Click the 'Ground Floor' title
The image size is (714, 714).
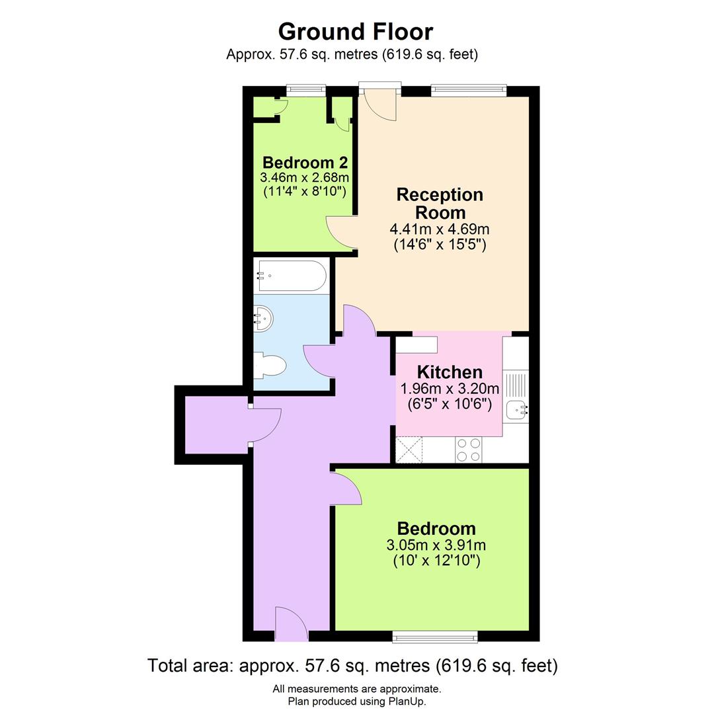coord(356,31)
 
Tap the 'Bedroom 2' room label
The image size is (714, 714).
coord(305,163)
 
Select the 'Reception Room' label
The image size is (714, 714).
coord(440,204)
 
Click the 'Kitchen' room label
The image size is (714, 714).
coord(450,372)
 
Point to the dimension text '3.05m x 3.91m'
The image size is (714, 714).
coord(436,545)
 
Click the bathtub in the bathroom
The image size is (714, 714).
coord(292,276)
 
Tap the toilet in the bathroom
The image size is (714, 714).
coord(270,366)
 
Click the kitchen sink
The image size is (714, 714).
coord(516,411)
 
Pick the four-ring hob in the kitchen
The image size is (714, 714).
coord(469,450)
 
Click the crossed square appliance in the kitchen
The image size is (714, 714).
coord(409,450)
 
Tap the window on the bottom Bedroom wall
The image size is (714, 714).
coord(434,637)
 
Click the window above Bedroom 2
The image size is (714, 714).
coord(306,91)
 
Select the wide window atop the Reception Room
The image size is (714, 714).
coord(469,91)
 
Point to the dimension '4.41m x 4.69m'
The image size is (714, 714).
coord(440,229)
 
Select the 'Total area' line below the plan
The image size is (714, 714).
coord(352,665)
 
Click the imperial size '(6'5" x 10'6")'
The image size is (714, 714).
coord(450,403)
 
